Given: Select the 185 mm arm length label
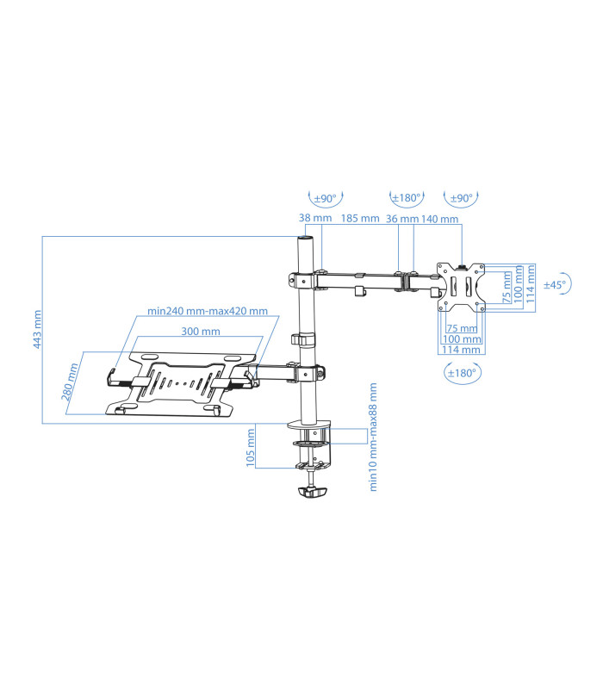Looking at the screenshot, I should point(359,219).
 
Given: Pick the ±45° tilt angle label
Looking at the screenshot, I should point(555,285).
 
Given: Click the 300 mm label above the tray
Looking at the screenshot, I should point(200,332).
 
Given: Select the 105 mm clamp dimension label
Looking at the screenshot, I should point(250,448).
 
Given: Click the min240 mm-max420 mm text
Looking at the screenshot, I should point(207,312).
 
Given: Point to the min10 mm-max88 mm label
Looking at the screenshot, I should point(374,437).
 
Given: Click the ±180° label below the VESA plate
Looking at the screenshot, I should point(463,373).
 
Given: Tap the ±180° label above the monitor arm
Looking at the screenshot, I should point(407,198).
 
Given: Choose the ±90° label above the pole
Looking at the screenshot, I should point(325,198).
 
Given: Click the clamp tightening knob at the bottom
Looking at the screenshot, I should point(311,493).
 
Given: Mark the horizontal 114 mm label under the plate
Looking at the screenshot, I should point(461,350).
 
